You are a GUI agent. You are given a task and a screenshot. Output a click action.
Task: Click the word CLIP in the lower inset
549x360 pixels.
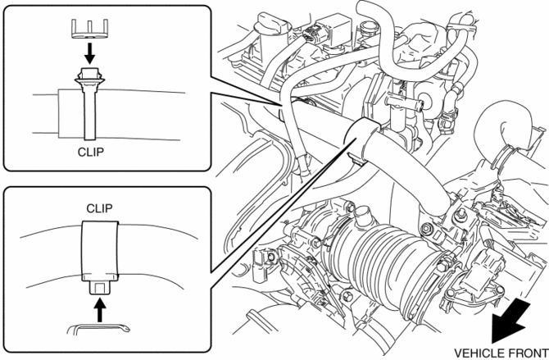click(99, 207)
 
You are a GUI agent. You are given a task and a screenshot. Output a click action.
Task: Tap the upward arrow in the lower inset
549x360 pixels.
click(99, 310)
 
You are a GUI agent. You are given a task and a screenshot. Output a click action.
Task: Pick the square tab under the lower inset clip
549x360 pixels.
click(99, 288)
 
